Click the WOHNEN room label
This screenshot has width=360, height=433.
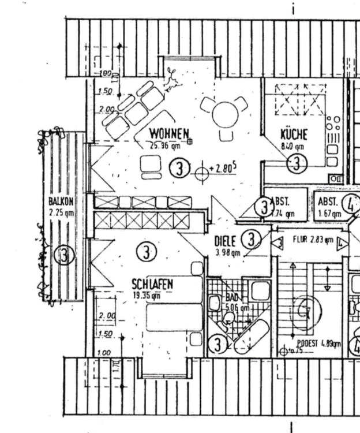point(170,134)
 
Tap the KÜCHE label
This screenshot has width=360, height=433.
point(294,135)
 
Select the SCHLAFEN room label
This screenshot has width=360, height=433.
point(152,284)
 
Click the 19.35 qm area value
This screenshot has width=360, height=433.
point(147,294)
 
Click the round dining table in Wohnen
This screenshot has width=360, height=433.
point(226,114)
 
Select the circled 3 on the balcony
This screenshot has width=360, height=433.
point(63,255)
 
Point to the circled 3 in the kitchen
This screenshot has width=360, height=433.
point(297,163)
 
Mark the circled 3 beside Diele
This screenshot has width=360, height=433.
point(251,239)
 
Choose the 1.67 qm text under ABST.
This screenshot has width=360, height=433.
point(329,214)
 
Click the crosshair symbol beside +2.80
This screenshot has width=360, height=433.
point(201,173)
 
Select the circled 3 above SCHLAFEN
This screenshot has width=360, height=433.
point(147,252)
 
